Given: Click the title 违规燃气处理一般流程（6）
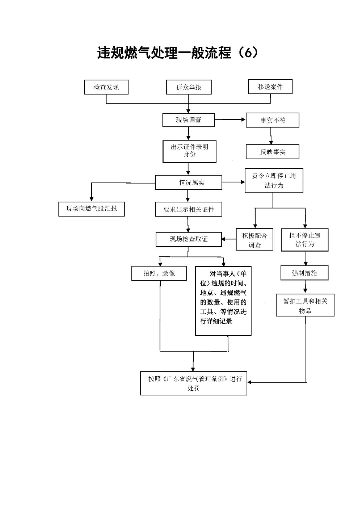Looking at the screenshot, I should click(x=178, y=53).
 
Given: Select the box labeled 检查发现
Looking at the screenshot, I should click(x=106, y=87).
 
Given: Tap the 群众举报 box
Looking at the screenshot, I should click(x=189, y=87).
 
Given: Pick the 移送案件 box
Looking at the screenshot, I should click(x=270, y=87).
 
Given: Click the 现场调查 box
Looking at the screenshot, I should click(x=188, y=120).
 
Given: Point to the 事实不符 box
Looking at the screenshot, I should click(x=272, y=120).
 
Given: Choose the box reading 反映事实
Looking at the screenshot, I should click(x=272, y=152).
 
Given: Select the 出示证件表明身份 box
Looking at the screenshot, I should click(x=189, y=151).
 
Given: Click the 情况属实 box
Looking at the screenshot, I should click(x=189, y=182).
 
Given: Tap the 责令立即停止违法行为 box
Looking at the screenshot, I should click(x=274, y=180).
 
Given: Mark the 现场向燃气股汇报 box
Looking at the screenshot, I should click(x=92, y=209).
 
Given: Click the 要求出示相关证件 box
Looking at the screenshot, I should click(x=189, y=209).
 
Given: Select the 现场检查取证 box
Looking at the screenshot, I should click(x=189, y=239).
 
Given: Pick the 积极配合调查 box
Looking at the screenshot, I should click(x=254, y=239).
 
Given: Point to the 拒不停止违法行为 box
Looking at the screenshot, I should click(x=304, y=240).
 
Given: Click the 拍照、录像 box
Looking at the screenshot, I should click(x=159, y=273).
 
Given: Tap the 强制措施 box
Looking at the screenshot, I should click(x=304, y=273).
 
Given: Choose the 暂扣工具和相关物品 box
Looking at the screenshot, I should click(x=305, y=305).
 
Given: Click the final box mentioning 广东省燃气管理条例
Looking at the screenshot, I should click(x=194, y=383).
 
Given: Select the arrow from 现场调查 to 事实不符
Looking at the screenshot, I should click(x=230, y=120).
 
